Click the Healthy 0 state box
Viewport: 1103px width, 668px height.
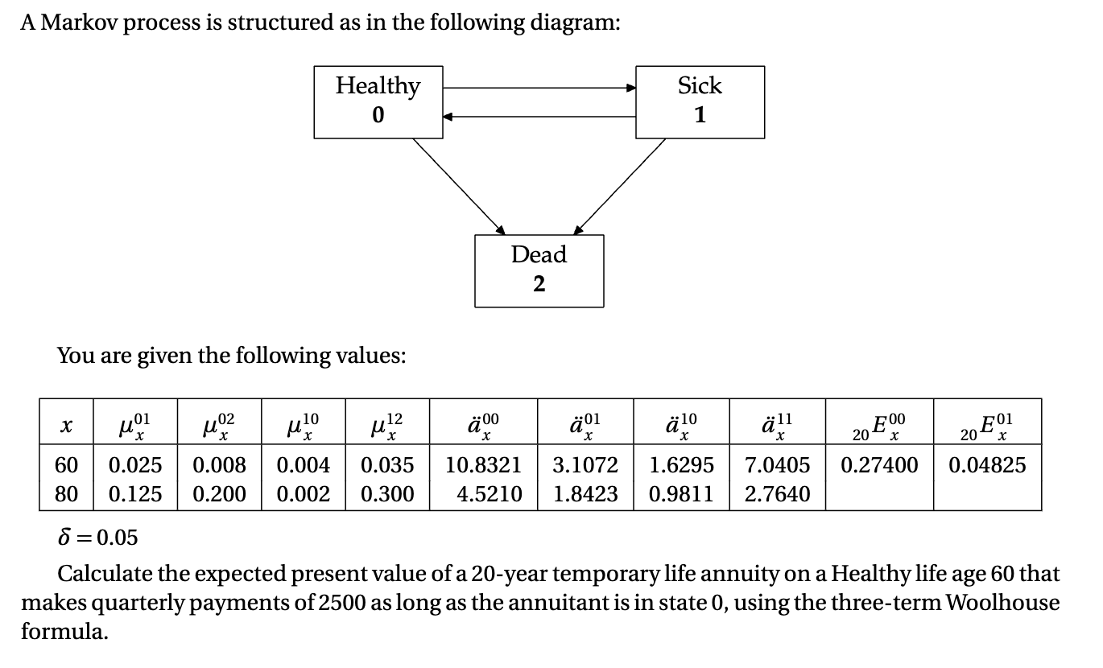[378, 101]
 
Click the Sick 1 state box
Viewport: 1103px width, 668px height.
[700, 101]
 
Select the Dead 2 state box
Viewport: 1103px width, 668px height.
[539, 270]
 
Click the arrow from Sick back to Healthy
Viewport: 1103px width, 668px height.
[539, 117]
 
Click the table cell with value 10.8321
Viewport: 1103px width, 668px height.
[483, 465]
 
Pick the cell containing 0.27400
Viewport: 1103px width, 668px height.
[879, 465]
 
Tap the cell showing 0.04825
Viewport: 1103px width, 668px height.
[987, 465]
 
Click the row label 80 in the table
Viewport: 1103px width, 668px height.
[66, 493]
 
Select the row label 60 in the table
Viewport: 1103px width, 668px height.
[66, 465]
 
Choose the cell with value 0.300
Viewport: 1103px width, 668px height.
[387, 493]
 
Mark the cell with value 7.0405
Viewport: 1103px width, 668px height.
[777, 465]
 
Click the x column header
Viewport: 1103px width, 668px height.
[66, 424]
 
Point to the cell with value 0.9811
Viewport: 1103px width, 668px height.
[681, 493]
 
